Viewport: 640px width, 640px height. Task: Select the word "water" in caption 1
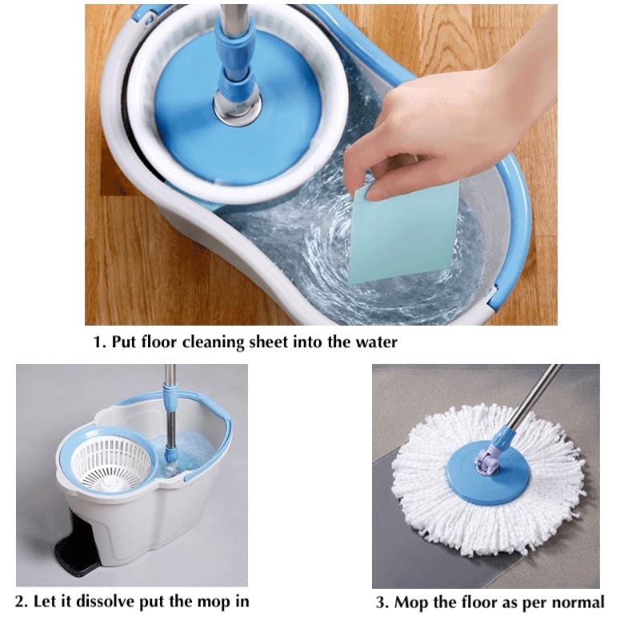click(376, 342)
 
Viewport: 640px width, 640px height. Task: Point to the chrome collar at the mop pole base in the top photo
click(236, 107)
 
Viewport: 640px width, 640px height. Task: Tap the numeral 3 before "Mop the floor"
click(380, 602)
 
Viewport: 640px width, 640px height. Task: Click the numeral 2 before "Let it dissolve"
click(20, 602)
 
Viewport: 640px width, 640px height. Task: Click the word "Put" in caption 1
click(124, 342)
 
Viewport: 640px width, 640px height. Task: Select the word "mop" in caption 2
click(212, 602)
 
